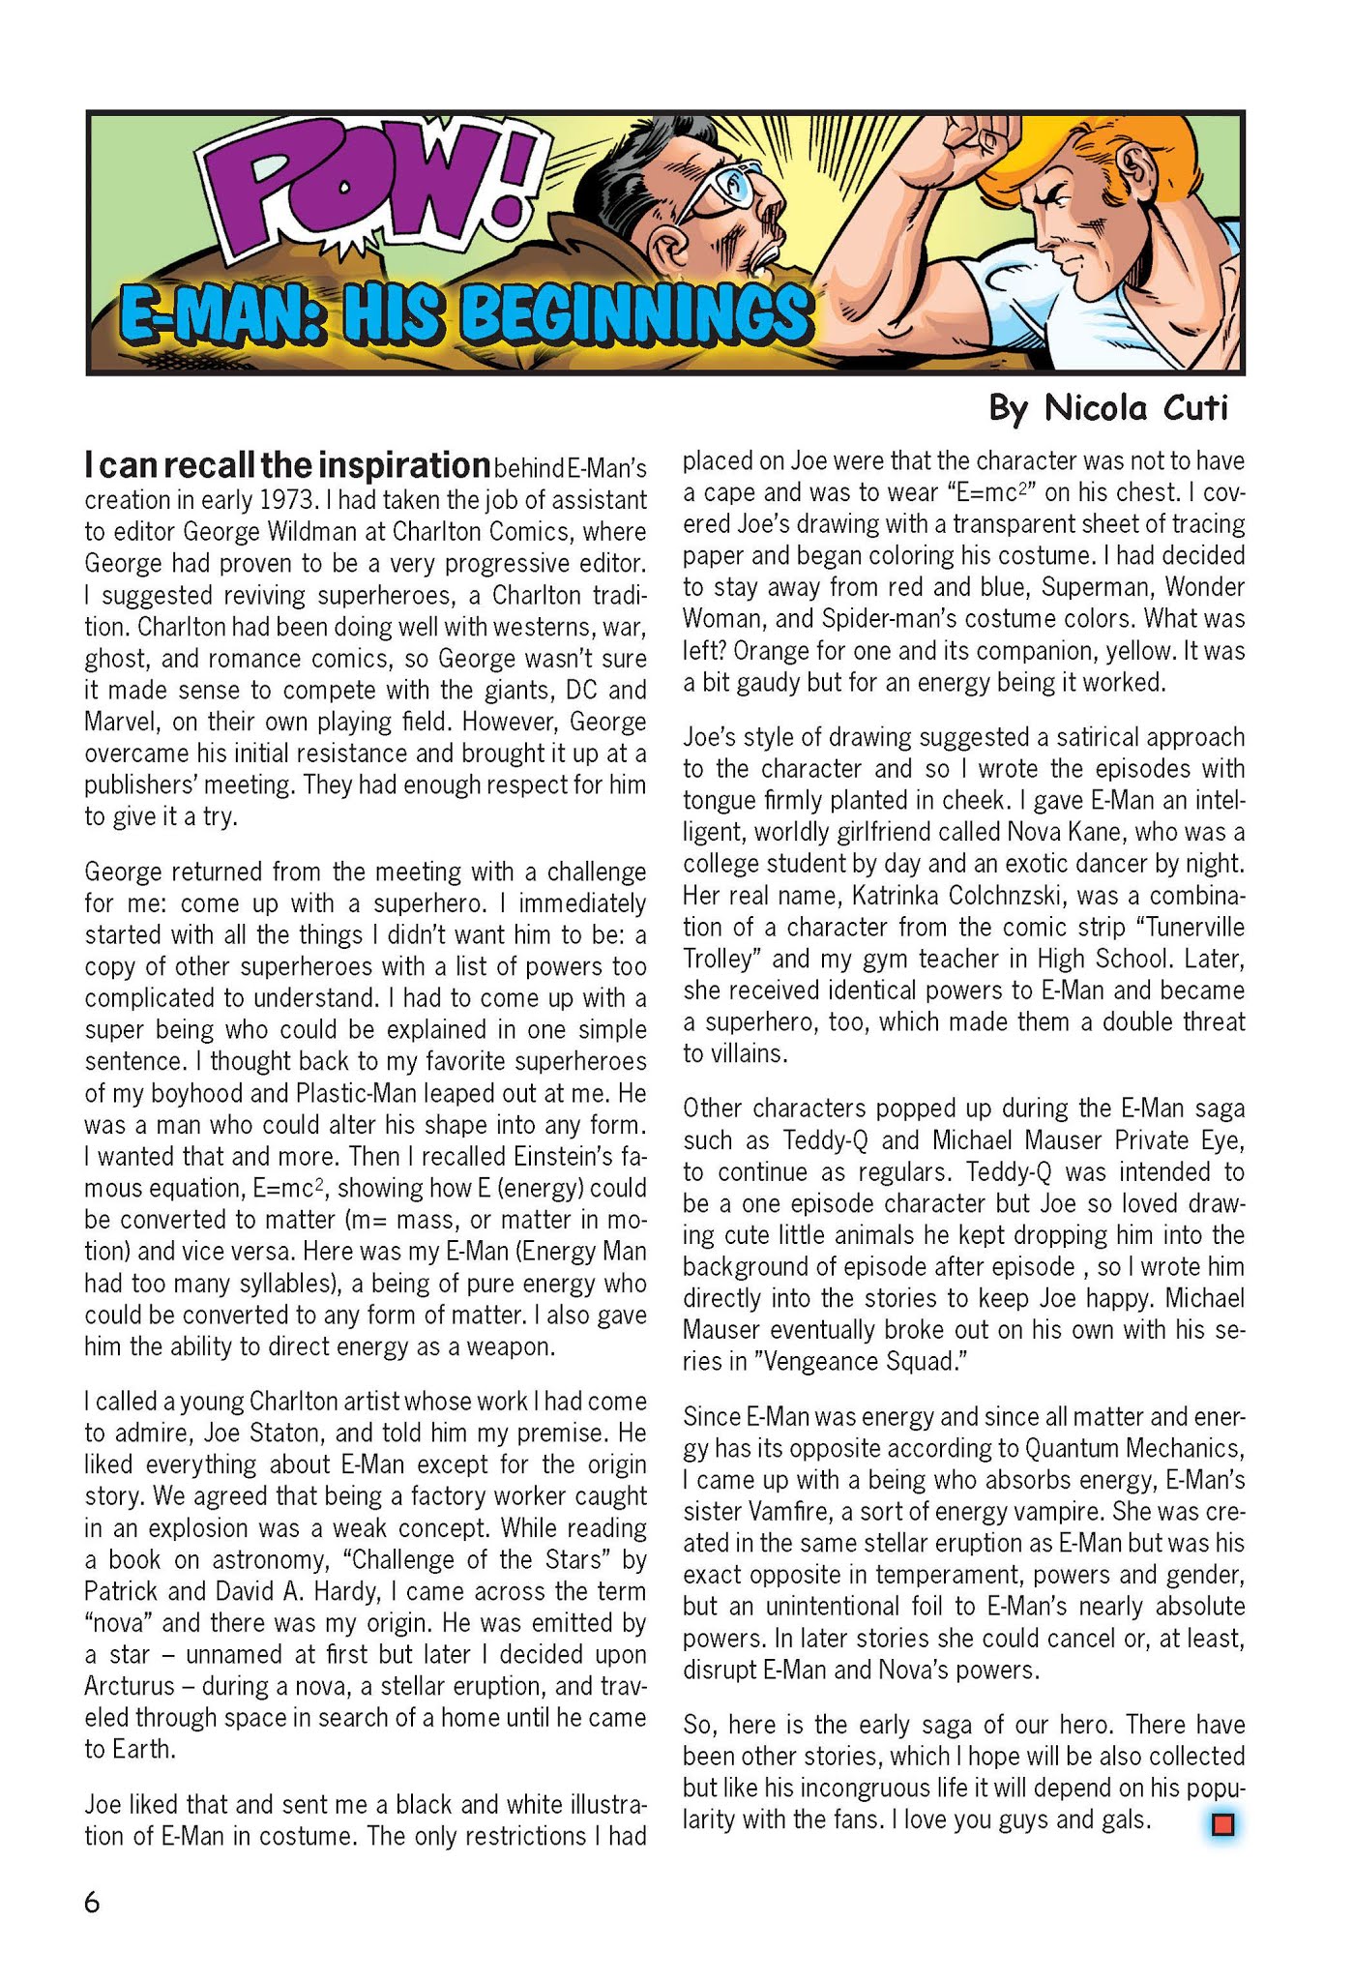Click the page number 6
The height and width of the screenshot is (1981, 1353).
[x=92, y=1903]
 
